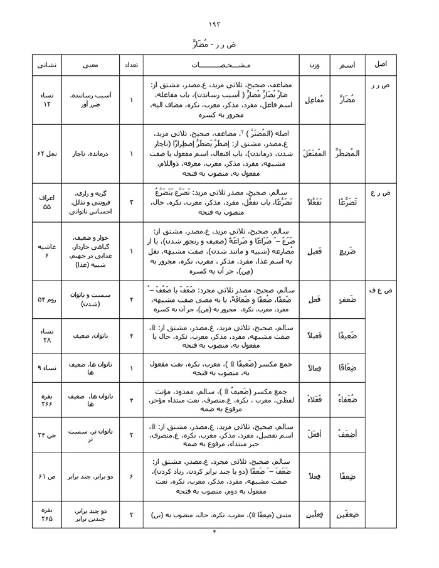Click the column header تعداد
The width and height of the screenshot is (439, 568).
coord(132,65)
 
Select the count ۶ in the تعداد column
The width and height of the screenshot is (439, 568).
coord(132,476)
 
